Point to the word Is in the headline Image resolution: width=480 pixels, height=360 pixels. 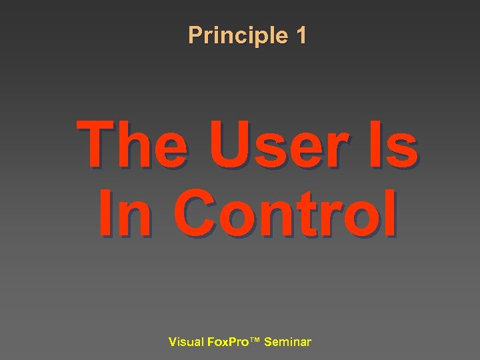[393, 145]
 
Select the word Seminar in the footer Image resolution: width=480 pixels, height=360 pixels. [287, 342]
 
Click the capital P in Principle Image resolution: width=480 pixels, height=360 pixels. [195, 35]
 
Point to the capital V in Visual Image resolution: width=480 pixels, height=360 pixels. [173, 342]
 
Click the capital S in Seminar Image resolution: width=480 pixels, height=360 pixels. [268, 342]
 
